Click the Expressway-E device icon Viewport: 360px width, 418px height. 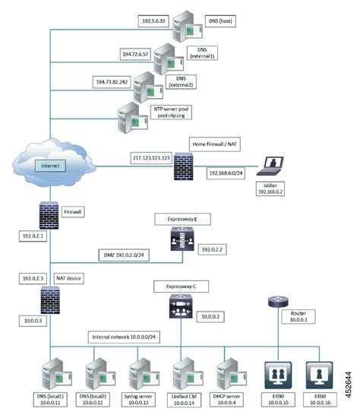point(181,237)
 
